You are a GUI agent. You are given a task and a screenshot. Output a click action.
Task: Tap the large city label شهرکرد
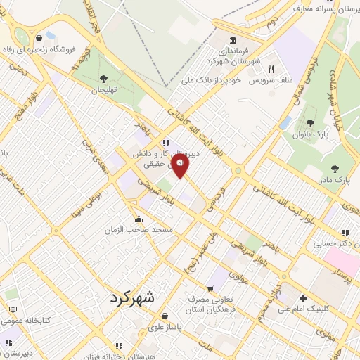click(x=136, y=299)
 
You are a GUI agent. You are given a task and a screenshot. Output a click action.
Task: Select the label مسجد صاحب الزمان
click(x=139, y=230)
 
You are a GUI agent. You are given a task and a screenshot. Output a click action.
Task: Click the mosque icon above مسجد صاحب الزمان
click(x=139, y=219)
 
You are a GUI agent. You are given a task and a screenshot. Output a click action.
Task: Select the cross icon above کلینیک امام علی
click(x=303, y=297)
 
